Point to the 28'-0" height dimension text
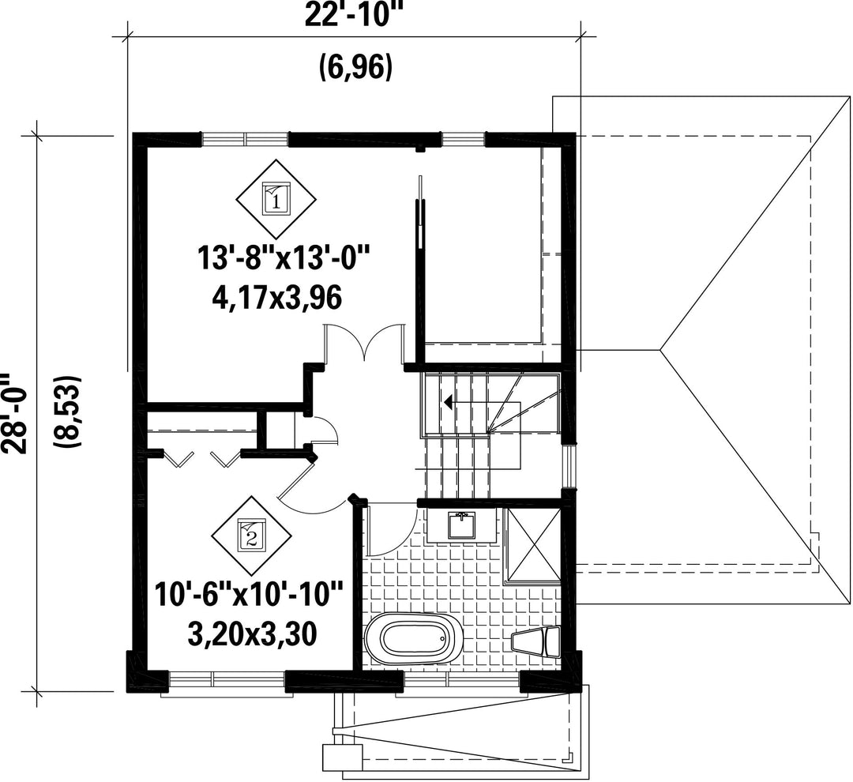pos(13,414)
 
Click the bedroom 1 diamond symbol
pos(276,199)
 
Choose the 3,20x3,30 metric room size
pos(252,634)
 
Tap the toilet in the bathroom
pos(536,641)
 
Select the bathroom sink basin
pos(461,525)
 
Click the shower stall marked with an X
pos(532,544)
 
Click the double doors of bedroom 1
pos(364,342)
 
